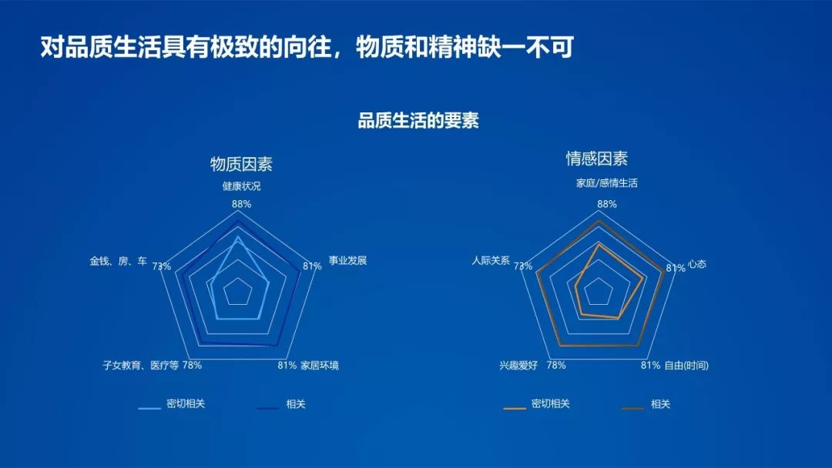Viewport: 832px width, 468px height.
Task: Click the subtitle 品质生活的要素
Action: (x=418, y=121)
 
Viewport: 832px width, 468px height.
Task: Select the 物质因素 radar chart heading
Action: (x=241, y=164)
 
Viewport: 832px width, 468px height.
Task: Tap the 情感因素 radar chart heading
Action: (x=597, y=159)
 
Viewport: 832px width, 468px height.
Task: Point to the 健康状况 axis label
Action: (x=241, y=186)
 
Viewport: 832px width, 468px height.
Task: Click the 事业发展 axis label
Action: (x=347, y=260)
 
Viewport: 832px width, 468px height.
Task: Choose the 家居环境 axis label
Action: (x=320, y=365)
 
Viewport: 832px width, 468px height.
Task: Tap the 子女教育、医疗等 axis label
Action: (x=140, y=365)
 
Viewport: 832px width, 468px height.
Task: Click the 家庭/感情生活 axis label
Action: (x=607, y=183)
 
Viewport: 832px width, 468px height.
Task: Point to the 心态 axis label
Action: (x=697, y=264)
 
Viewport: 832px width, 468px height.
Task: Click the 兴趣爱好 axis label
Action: (x=518, y=365)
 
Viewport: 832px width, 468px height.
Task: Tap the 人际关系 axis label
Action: (x=490, y=260)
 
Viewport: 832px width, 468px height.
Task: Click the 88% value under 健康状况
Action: (x=241, y=204)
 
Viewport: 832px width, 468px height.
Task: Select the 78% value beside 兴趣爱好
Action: (x=556, y=365)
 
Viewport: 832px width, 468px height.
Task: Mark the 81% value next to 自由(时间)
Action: (x=650, y=365)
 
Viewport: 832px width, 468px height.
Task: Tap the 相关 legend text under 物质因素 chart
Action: (x=296, y=404)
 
